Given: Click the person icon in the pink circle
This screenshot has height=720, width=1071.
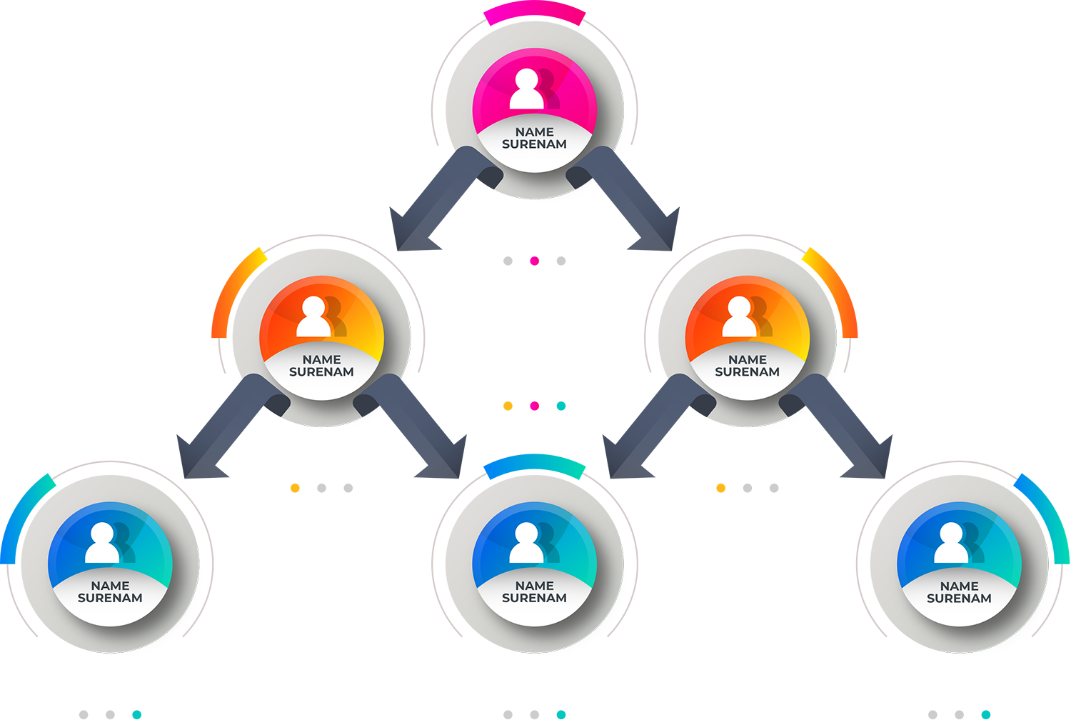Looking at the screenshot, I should tap(527, 90).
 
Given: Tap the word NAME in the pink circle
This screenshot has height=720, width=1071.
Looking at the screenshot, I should tap(534, 132).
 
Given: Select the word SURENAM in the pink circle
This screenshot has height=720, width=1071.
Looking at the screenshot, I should tap(534, 144).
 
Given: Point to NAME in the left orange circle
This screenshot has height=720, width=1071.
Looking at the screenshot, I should tap(321, 360).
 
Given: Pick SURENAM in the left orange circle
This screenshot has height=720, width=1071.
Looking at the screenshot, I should tap(321, 372).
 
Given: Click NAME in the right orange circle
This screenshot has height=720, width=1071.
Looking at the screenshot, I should tap(747, 360).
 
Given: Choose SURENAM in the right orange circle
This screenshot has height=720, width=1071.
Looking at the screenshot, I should tap(747, 372).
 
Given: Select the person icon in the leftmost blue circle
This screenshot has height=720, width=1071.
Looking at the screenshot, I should tap(102, 544).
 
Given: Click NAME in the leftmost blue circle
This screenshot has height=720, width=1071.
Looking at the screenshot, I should tap(110, 586).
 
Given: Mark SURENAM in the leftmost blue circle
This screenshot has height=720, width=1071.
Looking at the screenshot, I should tap(110, 599).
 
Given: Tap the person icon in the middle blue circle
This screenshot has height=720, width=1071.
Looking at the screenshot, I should tap(527, 544).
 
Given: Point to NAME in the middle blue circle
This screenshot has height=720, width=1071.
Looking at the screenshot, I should tap(534, 586).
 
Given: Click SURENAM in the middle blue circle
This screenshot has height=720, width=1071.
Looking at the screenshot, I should tap(534, 599).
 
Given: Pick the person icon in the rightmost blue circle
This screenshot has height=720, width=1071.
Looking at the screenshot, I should tap(951, 544).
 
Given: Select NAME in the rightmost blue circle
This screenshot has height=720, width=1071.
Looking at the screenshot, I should tap(959, 586).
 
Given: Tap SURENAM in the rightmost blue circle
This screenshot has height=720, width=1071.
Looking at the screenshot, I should tap(959, 599).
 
